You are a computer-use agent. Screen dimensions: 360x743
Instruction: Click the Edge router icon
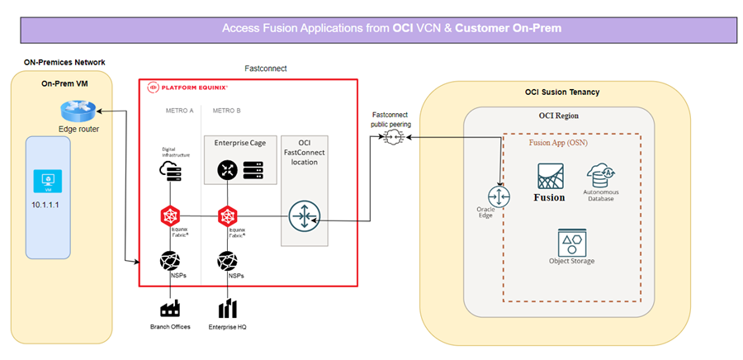click(78, 111)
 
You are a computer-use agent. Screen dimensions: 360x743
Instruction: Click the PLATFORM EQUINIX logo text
click(192, 87)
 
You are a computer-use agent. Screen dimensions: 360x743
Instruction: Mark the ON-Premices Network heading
click(58, 63)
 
